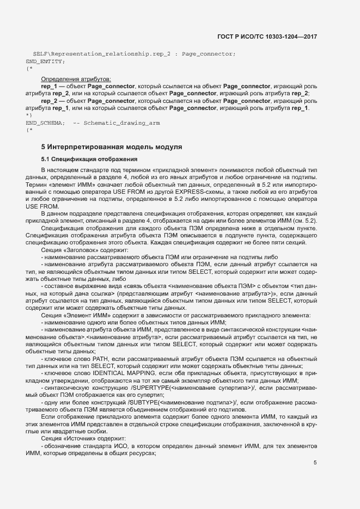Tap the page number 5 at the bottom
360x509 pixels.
[315, 463]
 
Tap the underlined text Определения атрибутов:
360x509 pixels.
[76, 79]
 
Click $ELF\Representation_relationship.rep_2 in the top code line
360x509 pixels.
[98, 54]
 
